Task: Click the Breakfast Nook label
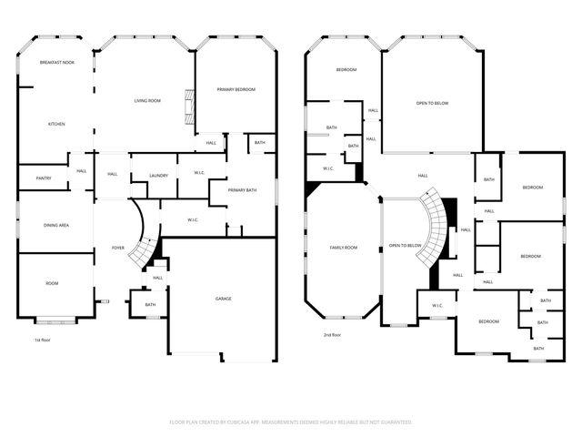(x=56, y=62)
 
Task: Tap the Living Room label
(x=147, y=100)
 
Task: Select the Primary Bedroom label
(x=236, y=89)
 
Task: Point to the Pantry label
(x=43, y=178)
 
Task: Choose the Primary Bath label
(x=243, y=190)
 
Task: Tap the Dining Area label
(x=57, y=225)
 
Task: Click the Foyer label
(x=118, y=248)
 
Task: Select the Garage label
(x=223, y=299)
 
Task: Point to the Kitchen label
(x=56, y=124)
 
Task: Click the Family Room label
(x=344, y=248)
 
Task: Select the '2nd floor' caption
(x=332, y=335)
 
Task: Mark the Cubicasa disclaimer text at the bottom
(x=291, y=422)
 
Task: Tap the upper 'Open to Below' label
(x=432, y=103)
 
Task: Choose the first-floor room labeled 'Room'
(x=52, y=283)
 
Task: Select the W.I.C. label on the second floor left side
(x=329, y=168)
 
